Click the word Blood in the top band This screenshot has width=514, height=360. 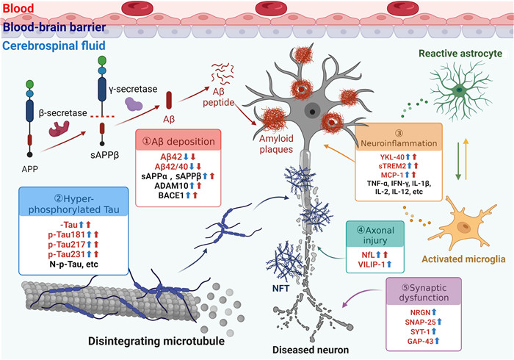[18, 7]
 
